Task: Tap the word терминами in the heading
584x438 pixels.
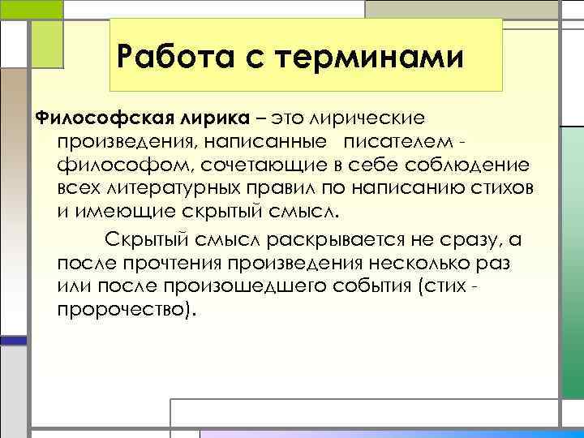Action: [369, 58]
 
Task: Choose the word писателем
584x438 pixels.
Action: [398, 144]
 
